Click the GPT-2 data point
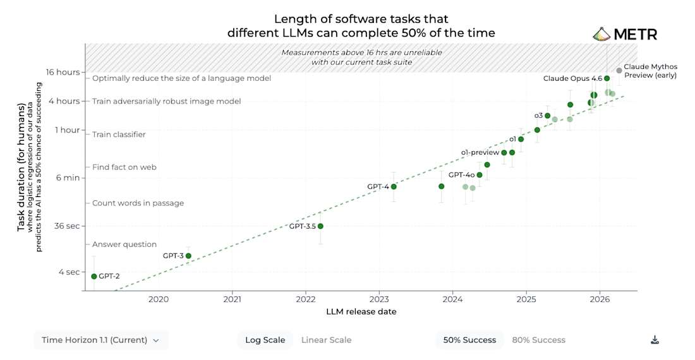pos(94,276)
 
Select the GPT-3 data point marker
pos(188,256)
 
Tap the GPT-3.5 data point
pos(320,226)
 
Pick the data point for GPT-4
pos(394,186)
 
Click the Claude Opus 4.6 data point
pos(607,78)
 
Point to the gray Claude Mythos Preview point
pos(619,70)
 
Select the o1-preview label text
pos(480,152)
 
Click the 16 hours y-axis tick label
pos(63,72)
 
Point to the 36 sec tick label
pos(67,226)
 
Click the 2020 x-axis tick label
pos(158,299)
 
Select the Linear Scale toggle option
pos(326,340)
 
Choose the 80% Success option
pos(538,340)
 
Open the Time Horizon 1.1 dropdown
pos(100,340)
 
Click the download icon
pos(655,340)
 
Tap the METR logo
pos(625,34)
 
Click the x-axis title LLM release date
pos(361,312)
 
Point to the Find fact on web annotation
pos(124,167)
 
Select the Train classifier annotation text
pos(119,135)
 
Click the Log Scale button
pos(265,340)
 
